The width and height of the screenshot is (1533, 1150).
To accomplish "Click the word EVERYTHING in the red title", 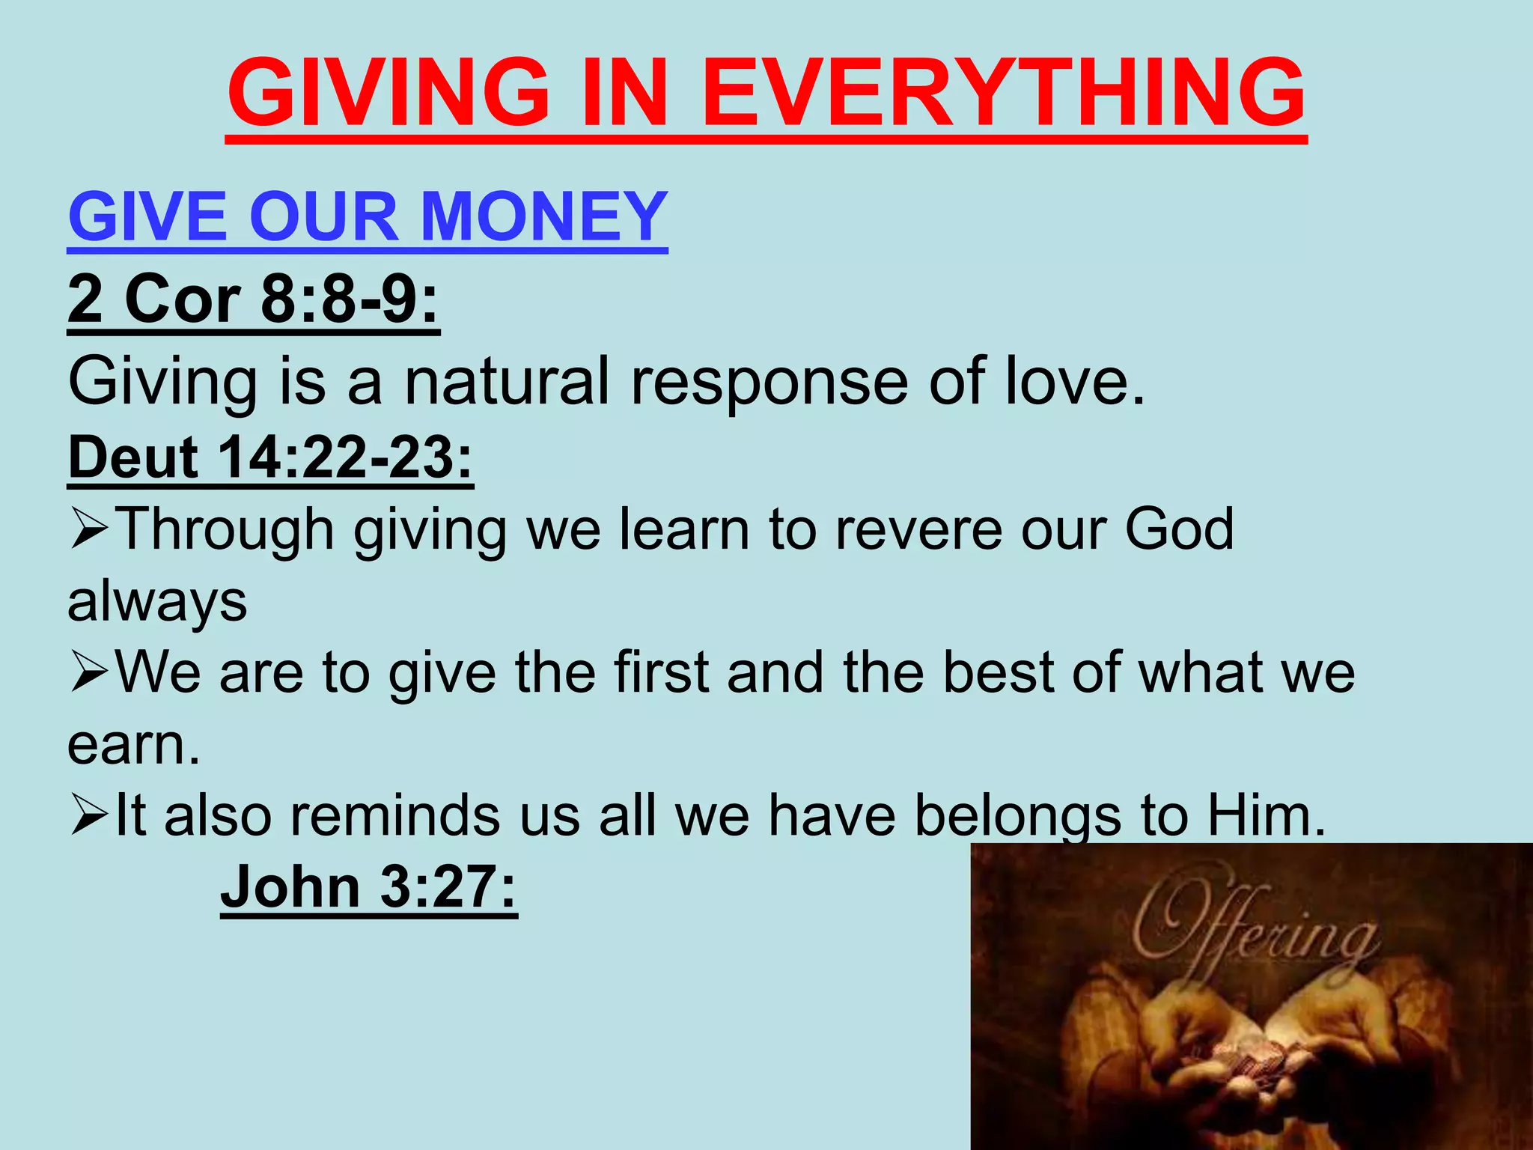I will point(1005,93).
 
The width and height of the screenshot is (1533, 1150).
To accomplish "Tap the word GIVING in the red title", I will point(388,93).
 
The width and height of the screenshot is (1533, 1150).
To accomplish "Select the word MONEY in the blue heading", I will point(544,217).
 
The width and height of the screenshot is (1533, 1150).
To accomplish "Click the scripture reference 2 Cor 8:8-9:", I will point(253,299).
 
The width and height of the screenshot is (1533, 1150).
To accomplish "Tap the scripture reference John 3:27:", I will point(368,886).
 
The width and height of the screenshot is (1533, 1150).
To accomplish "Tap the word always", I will point(157,601).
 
